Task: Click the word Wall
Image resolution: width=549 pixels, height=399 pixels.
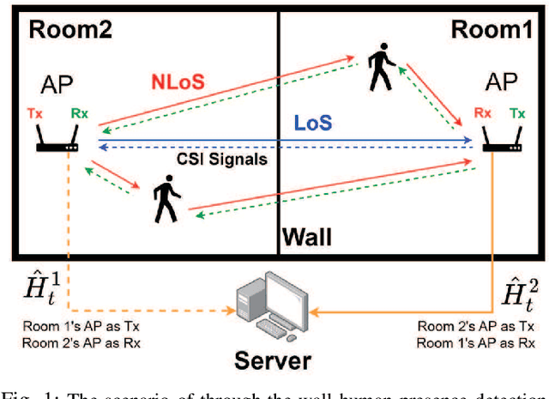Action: point(306,234)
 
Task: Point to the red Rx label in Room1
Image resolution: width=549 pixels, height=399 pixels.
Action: point(483,112)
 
